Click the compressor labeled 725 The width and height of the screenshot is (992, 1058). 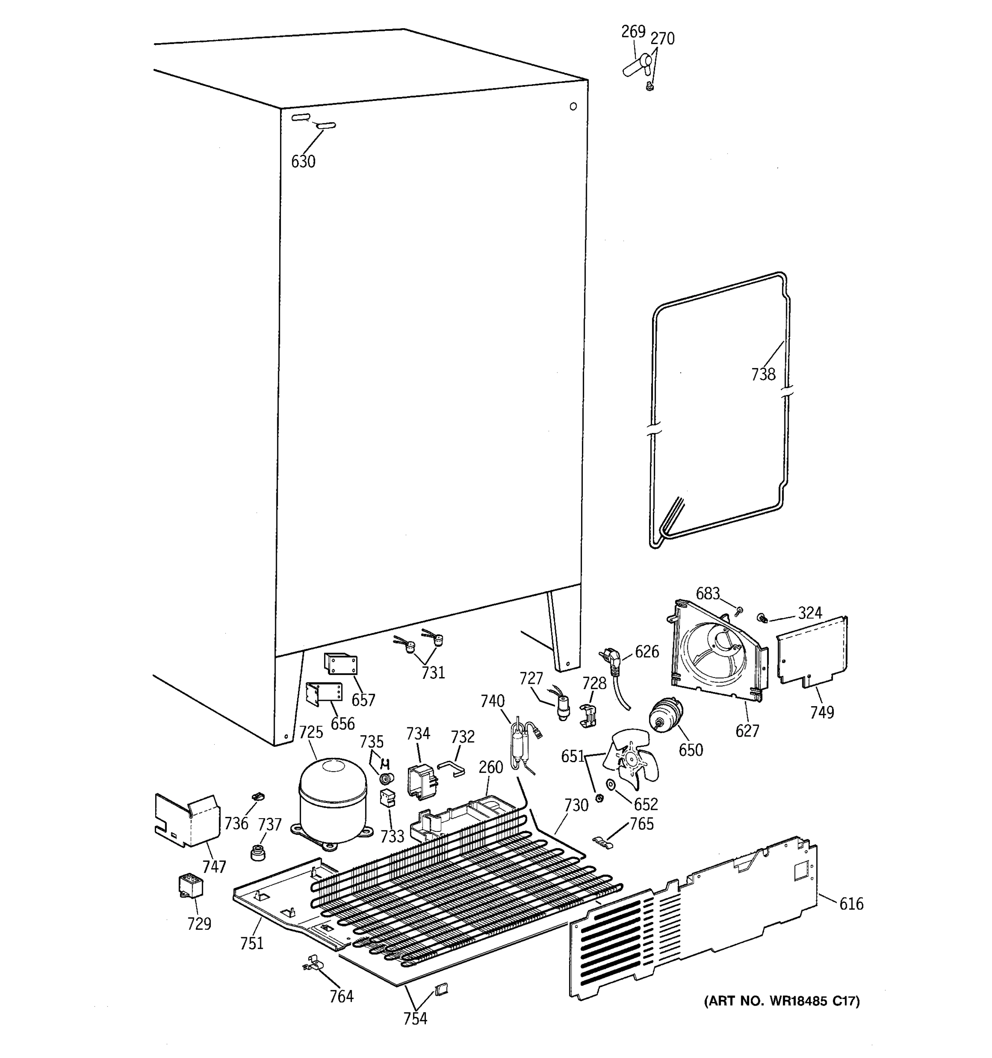click(x=332, y=801)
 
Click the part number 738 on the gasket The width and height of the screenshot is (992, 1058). click(x=763, y=375)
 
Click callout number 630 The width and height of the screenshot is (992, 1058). click(x=303, y=161)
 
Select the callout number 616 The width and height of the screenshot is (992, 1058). click(x=851, y=904)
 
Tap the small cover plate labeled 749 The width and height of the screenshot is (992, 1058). click(x=812, y=651)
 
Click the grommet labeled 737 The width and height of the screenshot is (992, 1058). click(x=257, y=852)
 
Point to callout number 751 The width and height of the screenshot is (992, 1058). click(x=252, y=943)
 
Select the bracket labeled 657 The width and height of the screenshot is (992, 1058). click(x=341, y=664)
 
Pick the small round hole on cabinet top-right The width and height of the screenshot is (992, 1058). click(x=573, y=106)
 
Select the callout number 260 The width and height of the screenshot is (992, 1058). click(x=490, y=767)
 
